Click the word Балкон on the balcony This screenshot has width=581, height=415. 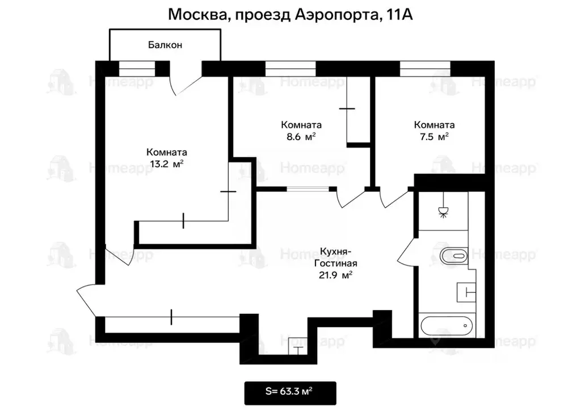tap(165, 45)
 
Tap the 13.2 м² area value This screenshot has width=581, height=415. tap(167, 164)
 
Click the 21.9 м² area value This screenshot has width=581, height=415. tap(338, 275)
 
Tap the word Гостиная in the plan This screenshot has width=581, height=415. tap(338, 263)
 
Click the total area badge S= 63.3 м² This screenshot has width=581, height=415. tap(290, 391)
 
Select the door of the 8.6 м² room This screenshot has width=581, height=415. tap(350, 199)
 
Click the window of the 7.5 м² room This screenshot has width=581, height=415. tap(425, 69)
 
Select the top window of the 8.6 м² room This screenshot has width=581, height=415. tap(290, 69)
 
